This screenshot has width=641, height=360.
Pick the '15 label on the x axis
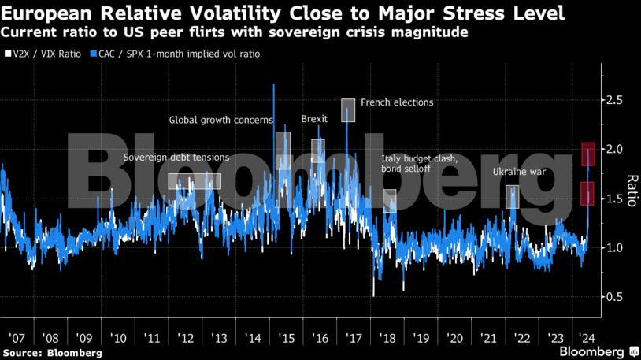point(286,338)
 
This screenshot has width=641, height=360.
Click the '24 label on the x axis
point(586,338)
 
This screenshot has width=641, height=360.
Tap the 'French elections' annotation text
point(397,102)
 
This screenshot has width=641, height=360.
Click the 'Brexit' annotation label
point(315,120)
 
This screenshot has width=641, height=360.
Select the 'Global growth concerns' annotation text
point(221,121)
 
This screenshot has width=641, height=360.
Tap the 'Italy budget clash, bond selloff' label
point(419,164)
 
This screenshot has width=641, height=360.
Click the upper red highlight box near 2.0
point(587,154)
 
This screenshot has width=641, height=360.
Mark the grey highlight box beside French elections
point(348,110)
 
